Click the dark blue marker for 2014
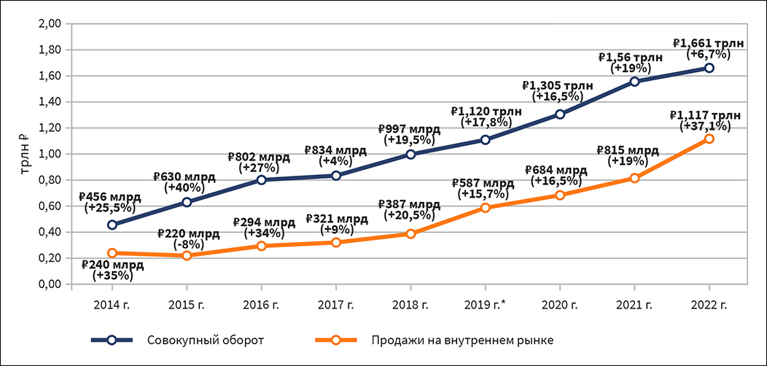tap(112, 225)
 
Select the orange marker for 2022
tap(709, 139)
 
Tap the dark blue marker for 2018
tap(410, 154)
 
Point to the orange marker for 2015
tap(187, 255)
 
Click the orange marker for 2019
tap(486, 208)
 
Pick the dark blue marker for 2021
tap(635, 81)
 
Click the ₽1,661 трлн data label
tap(708, 43)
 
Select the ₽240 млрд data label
tap(112, 265)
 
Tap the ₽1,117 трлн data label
tap(705, 114)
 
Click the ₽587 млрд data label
tap(483, 183)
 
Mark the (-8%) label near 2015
tap(187, 244)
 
